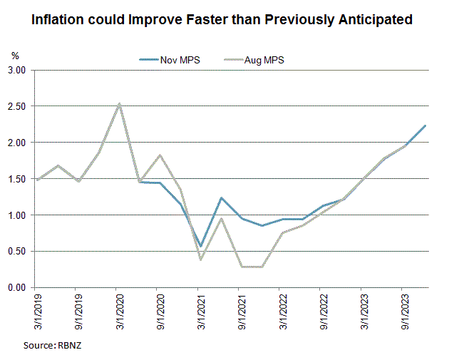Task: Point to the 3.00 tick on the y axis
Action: [16, 71]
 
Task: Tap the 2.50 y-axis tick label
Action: [16, 107]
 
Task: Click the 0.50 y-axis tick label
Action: [16, 251]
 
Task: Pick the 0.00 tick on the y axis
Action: [16, 287]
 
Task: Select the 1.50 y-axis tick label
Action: [16, 179]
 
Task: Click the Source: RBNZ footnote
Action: [54, 344]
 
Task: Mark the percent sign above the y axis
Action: [15, 55]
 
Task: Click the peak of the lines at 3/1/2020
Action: [119, 104]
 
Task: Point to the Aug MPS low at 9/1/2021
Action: [242, 267]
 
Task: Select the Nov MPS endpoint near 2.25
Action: [426, 125]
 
